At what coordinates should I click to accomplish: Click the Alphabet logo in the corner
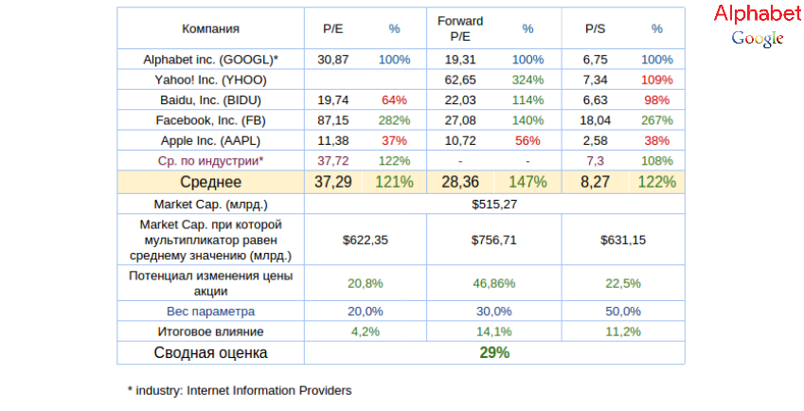coord(757,25)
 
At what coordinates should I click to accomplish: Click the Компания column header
coord(210,29)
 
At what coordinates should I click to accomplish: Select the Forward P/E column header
coord(460,28)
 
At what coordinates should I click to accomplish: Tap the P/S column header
coord(596,29)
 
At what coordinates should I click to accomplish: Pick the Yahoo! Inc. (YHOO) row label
coord(210,80)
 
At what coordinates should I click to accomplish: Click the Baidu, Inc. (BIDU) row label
coord(210,99)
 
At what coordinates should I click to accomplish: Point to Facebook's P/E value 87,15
coord(333,119)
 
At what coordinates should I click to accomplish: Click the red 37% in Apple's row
coord(394,140)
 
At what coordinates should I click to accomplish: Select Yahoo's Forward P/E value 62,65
coord(460,80)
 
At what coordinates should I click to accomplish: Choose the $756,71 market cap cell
coord(495,241)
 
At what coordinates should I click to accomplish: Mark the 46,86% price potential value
coord(495,283)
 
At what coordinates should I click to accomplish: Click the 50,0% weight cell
coord(624,311)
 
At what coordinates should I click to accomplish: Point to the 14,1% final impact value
coord(495,331)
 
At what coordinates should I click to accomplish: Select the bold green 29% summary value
coord(494,352)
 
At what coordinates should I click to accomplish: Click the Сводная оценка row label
coord(210,352)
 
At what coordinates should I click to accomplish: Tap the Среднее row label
coord(210,182)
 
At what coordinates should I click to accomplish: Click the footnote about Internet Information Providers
coord(240,390)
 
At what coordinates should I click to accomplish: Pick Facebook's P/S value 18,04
coord(595,119)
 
